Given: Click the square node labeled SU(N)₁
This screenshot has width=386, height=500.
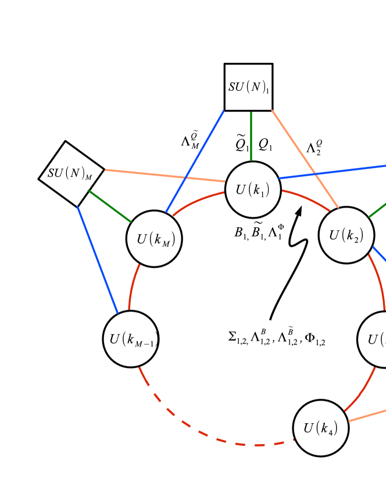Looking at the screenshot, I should [x=248, y=87].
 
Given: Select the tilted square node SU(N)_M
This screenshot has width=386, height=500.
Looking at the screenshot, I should [x=71, y=173].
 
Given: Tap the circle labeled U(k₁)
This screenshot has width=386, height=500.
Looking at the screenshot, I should [x=253, y=190].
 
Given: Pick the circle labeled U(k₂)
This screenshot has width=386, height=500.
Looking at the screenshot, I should [x=346, y=235].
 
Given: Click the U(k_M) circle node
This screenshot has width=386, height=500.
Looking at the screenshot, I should [x=154, y=239].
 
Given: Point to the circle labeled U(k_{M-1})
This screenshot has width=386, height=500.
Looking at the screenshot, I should [x=131, y=339].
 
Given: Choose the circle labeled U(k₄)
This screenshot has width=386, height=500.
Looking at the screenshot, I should [x=321, y=428].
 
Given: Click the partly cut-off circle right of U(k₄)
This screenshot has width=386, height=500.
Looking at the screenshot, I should [x=375, y=340].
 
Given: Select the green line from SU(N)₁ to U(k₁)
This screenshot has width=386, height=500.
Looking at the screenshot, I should [x=251, y=136].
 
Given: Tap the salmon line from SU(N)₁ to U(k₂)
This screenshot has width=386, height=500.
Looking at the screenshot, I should [x=305, y=158].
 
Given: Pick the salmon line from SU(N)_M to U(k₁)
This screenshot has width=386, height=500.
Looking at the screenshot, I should [x=165, y=176].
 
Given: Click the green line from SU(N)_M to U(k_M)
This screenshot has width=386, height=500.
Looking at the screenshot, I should [x=110, y=206].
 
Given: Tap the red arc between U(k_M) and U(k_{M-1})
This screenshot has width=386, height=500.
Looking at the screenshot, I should [x=133, y=288].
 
